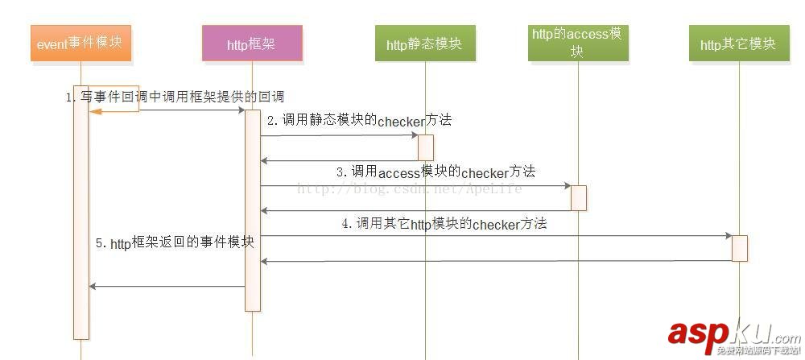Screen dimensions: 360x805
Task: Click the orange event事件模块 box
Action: click(x=80, y=43)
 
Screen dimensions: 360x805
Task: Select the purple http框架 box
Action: click(x=253, y=43)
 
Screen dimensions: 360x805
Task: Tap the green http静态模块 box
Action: click(x=424, y=43)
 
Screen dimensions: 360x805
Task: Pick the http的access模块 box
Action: click(x=576, y=43)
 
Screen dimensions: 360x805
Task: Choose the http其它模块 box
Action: click(x=737, y=43)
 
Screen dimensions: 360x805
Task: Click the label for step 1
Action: click(x=175, y=97)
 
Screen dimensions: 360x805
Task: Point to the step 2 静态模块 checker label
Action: click(x=359, y=121)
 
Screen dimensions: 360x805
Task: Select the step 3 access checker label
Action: click(x=436, y=172)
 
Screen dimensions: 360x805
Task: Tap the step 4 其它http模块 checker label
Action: click(x=444, y=223)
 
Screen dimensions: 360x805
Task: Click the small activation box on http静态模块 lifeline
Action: click(x=425, y=147)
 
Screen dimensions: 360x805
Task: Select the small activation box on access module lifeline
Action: click(x=578, y=197)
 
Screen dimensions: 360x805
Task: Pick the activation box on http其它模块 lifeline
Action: click(x=739, y=248)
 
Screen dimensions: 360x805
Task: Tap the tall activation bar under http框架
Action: click(x=252, y=209)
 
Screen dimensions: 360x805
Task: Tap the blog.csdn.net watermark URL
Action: click(x=409, y=188)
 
